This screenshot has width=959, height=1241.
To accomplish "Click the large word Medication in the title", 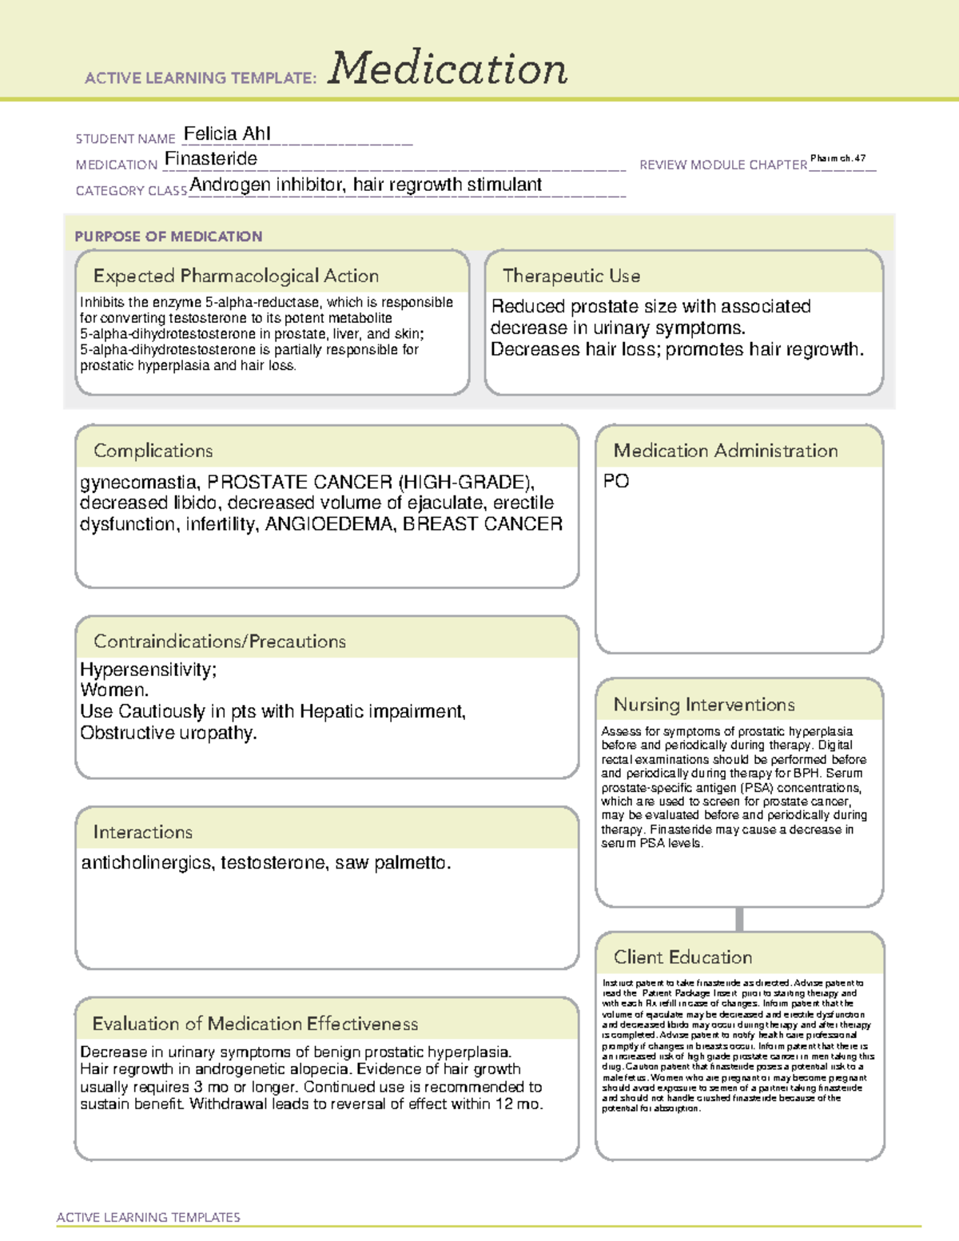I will [x=448, y=69].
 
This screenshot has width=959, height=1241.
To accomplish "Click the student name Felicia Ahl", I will [x=227, y=133].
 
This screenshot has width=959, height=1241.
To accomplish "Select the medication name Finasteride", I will [x=211, y=159].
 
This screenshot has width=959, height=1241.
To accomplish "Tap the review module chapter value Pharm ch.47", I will [x=838, y=158].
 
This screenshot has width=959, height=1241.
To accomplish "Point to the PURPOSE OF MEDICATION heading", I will [x=169, y=237].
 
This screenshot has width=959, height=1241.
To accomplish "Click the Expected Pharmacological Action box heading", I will [x=236, y=276].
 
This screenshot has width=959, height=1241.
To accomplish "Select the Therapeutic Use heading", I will [x=571, y=276].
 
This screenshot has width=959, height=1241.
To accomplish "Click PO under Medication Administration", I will [x=616, y=481].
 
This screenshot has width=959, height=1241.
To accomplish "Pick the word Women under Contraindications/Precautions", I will [x=113, y=690].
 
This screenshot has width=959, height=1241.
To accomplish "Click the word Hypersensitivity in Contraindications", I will [x=146, y=670].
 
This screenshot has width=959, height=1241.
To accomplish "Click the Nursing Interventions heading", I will [x=704, y=705].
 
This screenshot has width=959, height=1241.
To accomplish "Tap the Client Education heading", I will [x=682, y=957].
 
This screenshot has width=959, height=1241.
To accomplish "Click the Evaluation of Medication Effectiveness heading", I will [x=255, y=1024].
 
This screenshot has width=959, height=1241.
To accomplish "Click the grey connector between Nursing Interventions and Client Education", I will [x=739, y=919].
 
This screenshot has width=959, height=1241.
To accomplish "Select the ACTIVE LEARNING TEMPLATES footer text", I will [x=149, y=1217].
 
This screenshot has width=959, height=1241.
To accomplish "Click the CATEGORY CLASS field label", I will [x=131, y=191].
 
